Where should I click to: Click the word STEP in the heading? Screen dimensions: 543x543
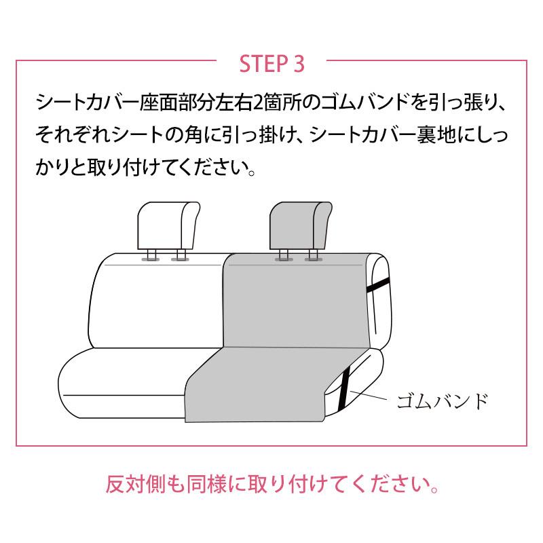pos(262,63)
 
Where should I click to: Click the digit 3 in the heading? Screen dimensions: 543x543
pos(299,63)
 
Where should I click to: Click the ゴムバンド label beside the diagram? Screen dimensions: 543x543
pos(442,400)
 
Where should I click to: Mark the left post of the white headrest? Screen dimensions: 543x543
pos(151,255)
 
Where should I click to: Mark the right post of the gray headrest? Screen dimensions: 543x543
pos(312,255)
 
